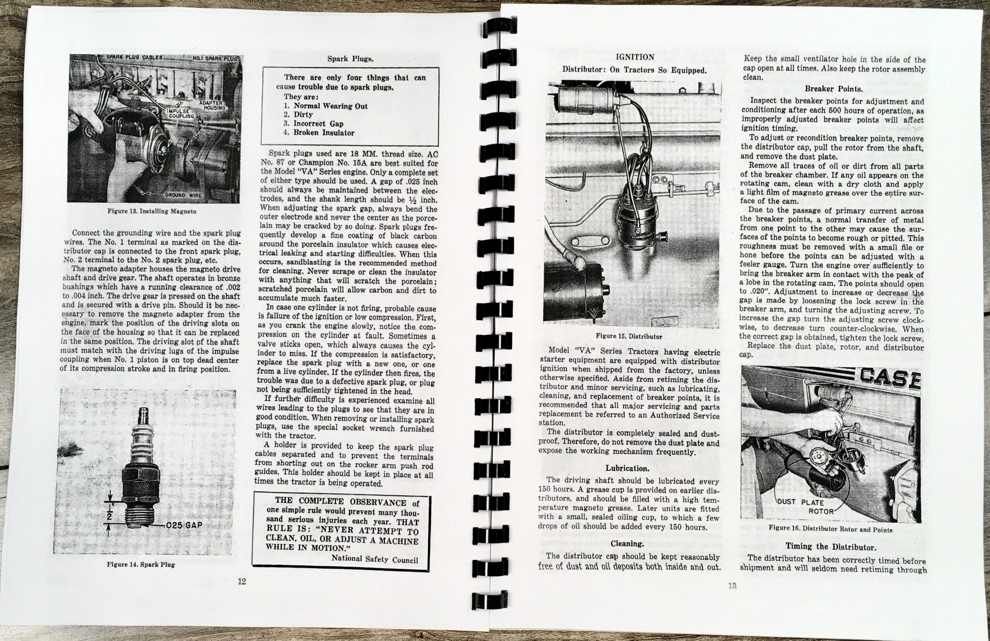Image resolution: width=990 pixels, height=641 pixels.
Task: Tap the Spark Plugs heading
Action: pos(350,59)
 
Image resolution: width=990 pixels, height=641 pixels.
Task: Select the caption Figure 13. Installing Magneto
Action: pos(152,211)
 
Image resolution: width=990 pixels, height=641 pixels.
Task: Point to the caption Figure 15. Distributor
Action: pos(628,336)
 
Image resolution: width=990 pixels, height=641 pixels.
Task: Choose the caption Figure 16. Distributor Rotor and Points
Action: pos(830,530)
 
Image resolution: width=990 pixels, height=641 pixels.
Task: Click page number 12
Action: pos(241,581)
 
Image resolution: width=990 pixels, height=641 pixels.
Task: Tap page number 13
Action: pos(732,586)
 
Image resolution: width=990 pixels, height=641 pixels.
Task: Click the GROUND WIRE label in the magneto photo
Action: pos(183,195)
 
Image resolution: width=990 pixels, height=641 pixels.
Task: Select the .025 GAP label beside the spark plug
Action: pos(183,525)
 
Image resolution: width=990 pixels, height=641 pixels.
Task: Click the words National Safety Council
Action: pos(374,559)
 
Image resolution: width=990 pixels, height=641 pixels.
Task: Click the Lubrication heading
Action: pos(627,468)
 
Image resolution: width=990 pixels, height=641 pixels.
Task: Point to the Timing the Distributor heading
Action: pos(830,547)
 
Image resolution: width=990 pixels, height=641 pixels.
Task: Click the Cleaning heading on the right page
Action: pos(627,544)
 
